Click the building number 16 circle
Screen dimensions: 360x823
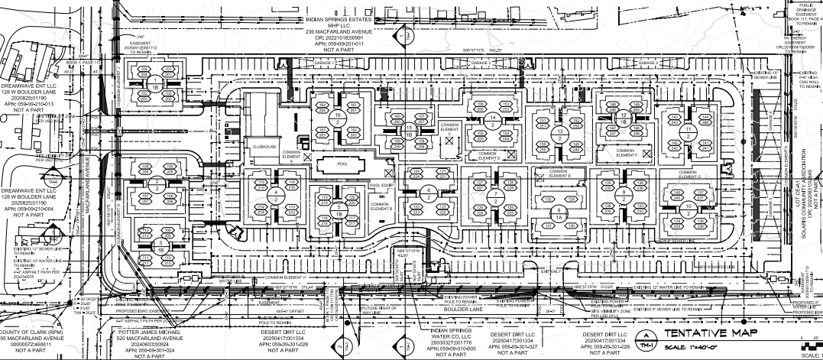[x=338, y=117]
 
